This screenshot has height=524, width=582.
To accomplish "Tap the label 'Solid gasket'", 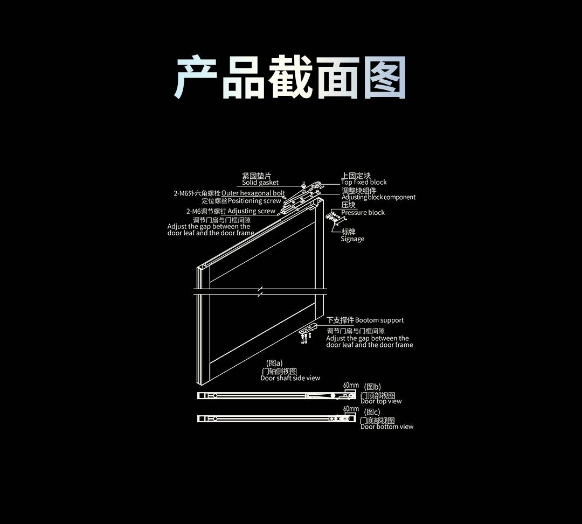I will pyautogui.click(x=260, y=183).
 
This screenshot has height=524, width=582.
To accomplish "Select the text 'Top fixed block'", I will pyautogui.click(x=364, y=182).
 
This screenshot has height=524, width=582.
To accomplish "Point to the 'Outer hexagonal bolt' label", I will pyautogui.click(x=253, y=193).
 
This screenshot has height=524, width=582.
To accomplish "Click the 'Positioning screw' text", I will pyautogui.click(x=254, y=200).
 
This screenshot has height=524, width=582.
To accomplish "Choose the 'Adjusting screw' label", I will pyautogui.click(x=251, y=211).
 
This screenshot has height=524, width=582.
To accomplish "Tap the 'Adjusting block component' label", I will pyautogui.click(x=378, y=197).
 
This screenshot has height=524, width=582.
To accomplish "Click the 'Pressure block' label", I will pyautogui.click(x=363, y=212).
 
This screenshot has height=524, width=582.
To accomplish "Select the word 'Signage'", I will pyautogui.click(x=352, y=239).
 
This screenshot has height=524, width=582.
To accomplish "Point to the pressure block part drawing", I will pyautogui.click(x=334, y=218).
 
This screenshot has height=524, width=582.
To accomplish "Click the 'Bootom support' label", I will pyautogui.click(x=379, y=320).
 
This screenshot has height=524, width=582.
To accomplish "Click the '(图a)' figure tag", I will pyautogui.click(x=274, y=363).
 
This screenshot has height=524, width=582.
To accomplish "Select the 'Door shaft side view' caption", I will pyautogui.click(x=290, y=378).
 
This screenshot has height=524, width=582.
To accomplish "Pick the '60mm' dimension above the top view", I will pyautogui.click(x=351, y=385).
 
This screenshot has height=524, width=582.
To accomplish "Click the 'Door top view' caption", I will pyautogui.click(x=381, y=401).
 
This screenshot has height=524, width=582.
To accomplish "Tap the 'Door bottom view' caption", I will pyautogui.click(x=387, y=427).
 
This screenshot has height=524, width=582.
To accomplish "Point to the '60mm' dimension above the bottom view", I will pyautogui.click(x=351, y=409).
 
